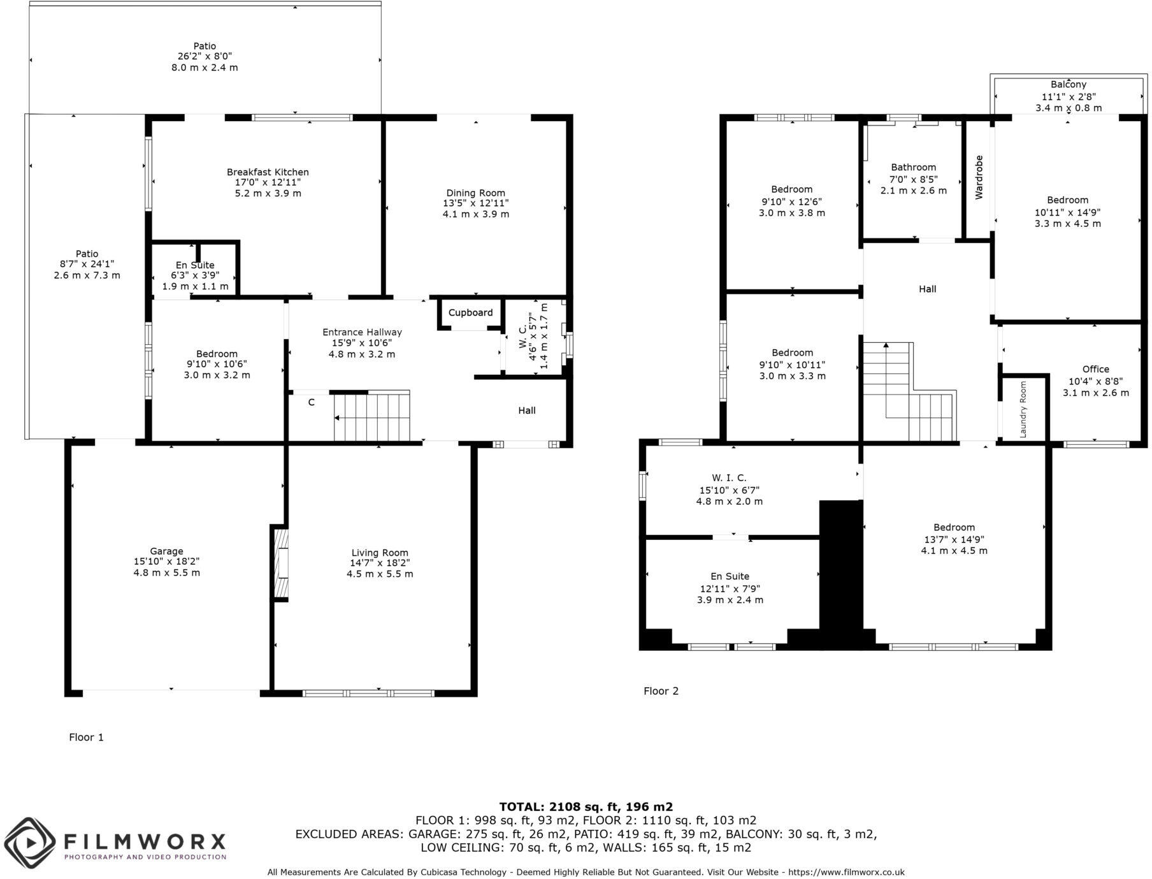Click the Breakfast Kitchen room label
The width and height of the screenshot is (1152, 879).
[x=268, y=172]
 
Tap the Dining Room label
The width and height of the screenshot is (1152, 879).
[x=475, y=193]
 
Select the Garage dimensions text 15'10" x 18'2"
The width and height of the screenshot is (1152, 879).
[x=166, y=562]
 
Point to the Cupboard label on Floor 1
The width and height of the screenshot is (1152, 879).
[x=470, y=312]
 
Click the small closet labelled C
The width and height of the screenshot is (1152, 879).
[x=311, y=402]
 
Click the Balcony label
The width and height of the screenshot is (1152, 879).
[x=1068, y=84]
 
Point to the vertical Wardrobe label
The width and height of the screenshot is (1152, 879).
[x=979, y=177]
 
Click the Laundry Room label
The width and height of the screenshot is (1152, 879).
[x=1023, y=409]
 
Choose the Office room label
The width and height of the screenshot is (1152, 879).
[x=1095, y=369]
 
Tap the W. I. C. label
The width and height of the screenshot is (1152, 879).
[x=729, y=477]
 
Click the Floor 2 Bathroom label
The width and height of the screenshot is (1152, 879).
[x=913, y=167]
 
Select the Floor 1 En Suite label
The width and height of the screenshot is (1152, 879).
[x=195, y=265]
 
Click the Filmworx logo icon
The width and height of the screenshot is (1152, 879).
[x=29, y=843]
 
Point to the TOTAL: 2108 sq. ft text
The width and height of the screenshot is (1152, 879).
[x=586, y=806]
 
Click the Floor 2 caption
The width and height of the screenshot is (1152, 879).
[x=661, y=691]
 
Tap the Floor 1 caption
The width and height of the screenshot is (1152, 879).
[x=86, y=737]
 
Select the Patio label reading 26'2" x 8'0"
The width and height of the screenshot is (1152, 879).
[x=205, y=57]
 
